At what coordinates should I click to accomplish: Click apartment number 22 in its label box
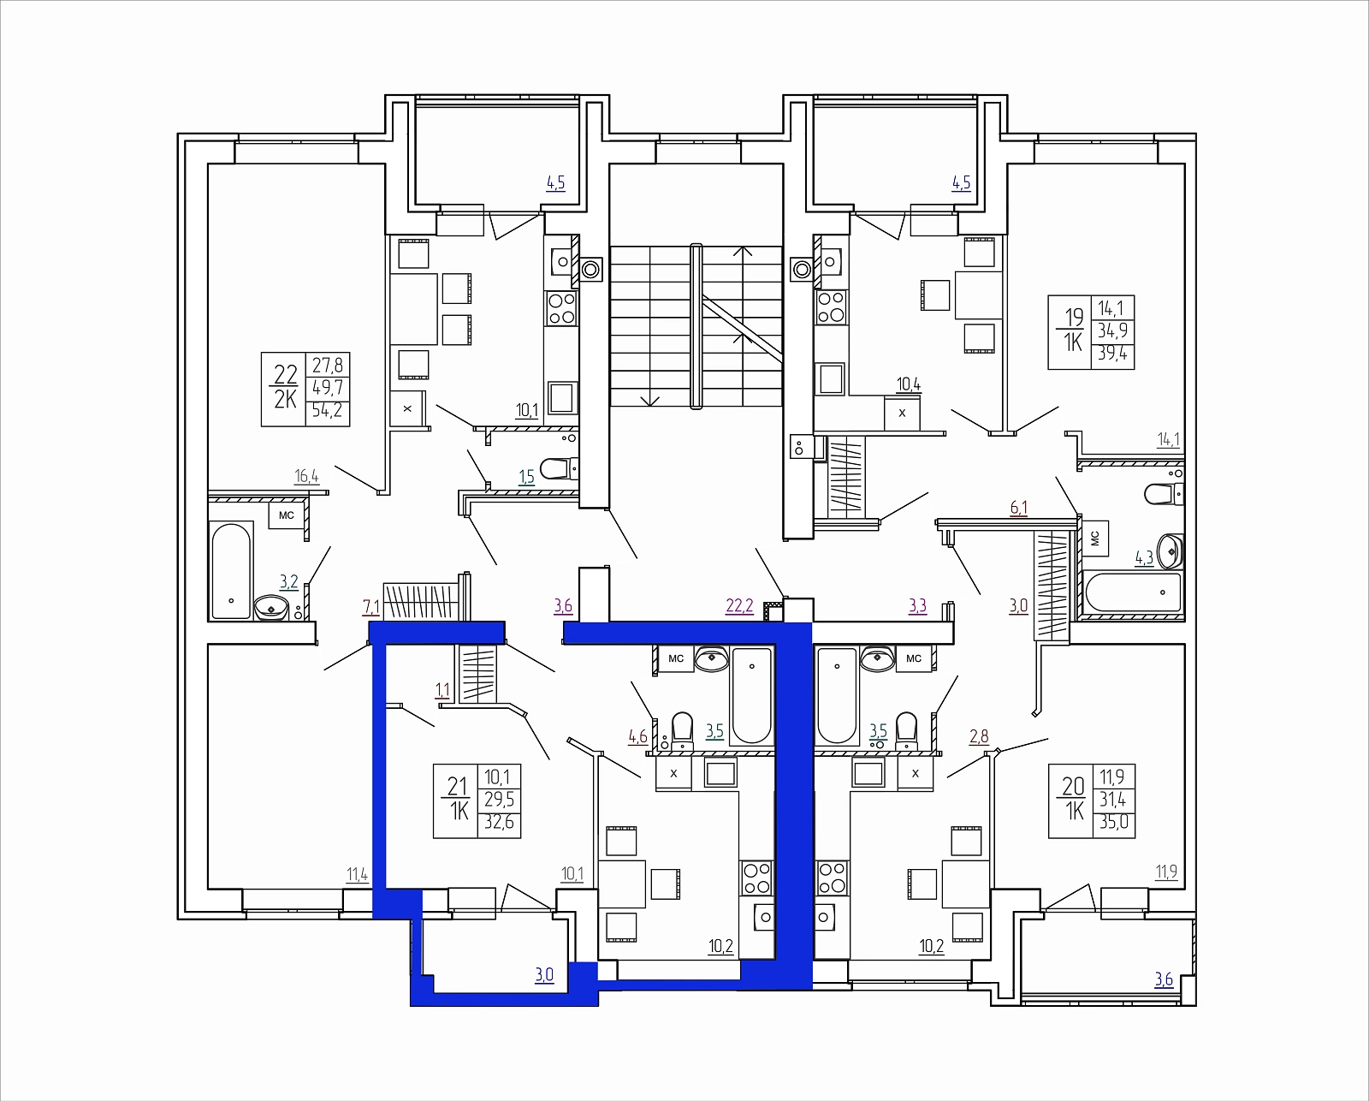[286, 374]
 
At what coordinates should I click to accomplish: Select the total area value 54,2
[327, 411]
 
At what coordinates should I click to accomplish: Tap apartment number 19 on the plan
[1074, 317]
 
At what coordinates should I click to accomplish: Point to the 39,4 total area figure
[1112, 353]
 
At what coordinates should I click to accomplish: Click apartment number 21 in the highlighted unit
[458, 787]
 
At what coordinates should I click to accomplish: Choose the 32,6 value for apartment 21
[500, 822]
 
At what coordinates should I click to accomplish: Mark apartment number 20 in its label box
[1073, 787]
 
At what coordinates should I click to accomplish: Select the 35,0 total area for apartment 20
[1114, 822]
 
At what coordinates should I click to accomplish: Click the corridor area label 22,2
[739, 605]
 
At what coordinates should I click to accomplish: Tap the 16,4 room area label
[306, 476]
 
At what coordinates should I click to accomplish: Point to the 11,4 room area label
[357, 874]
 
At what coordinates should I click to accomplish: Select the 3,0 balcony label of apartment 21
[544, 975]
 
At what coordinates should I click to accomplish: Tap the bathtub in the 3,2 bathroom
[232, 570]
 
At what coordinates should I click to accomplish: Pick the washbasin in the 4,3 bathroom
[1170, 551]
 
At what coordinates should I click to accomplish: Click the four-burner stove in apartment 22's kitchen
[562, 308]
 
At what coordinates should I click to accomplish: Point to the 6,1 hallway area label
[1018, 508]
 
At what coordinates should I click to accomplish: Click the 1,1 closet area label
[442, 690]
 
